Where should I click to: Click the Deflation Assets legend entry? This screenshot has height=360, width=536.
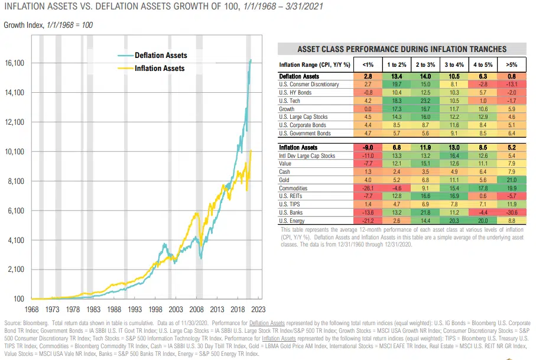pyautogui.click(x=161, y=56)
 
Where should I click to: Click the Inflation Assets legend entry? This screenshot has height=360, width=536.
pyautogui.click(x=160, y=69)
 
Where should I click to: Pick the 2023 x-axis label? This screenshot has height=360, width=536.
pyautogui.click(x=258, y=309)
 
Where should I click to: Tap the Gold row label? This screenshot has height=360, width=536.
pyautogui.click(x=285, y=180)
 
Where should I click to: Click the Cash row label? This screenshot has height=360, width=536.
pyautogui.click(x=285, y=172)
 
